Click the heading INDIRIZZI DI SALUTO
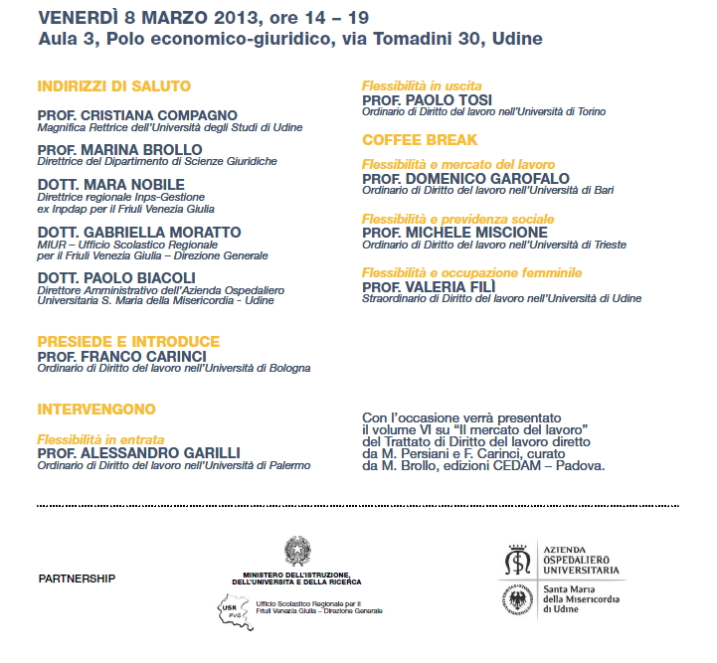pos(113,86)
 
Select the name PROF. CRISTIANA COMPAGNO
pos(137,115)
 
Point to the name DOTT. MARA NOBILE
pos(110,185)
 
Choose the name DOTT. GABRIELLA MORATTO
pos(139,232)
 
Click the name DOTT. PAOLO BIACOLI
pos(116,276)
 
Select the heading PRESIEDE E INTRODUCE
pos(128,341)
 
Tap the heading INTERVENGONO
pos(96,409)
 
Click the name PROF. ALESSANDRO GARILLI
pos(138,452)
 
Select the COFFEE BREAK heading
pos(420,139)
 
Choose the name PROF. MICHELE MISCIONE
pos(454,232)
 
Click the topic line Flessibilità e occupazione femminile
pos(471,271)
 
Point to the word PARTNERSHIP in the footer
pos(77,578)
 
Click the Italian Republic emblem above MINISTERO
pos(296,551)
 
